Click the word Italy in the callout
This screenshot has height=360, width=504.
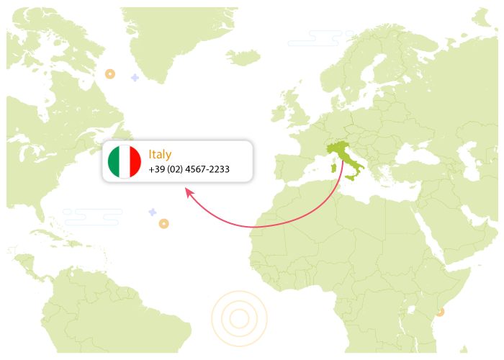click(160, 154)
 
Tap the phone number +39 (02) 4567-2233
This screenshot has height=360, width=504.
click(189, 170)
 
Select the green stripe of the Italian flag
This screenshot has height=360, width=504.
click(114, 162)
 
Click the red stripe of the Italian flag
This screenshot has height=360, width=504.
click(135, 162)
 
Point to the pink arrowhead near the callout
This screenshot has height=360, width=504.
click(189, 192)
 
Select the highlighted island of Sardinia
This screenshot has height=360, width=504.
click(333, 168)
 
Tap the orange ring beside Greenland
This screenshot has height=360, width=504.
click(110, 73)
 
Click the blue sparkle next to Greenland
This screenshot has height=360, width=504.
click(135, 77)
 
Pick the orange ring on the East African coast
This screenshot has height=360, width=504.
click(440, 312)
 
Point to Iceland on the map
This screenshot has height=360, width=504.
click(242, 56)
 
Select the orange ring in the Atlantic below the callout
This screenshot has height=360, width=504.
click(164, 224)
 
